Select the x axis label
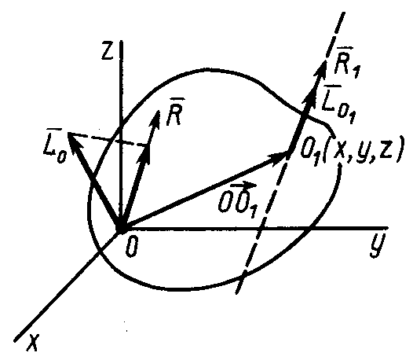coord(33,343)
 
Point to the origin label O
coord(131,248)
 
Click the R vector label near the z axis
coord(174,112)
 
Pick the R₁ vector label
coord(346,63)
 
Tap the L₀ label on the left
coord(54,145)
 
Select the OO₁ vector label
coord(239,200)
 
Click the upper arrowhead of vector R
coord(159,111)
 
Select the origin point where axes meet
coord(121,229)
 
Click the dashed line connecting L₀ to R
coord(107,140)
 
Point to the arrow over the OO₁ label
coord(239,186)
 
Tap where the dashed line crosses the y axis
coord(260,229)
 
